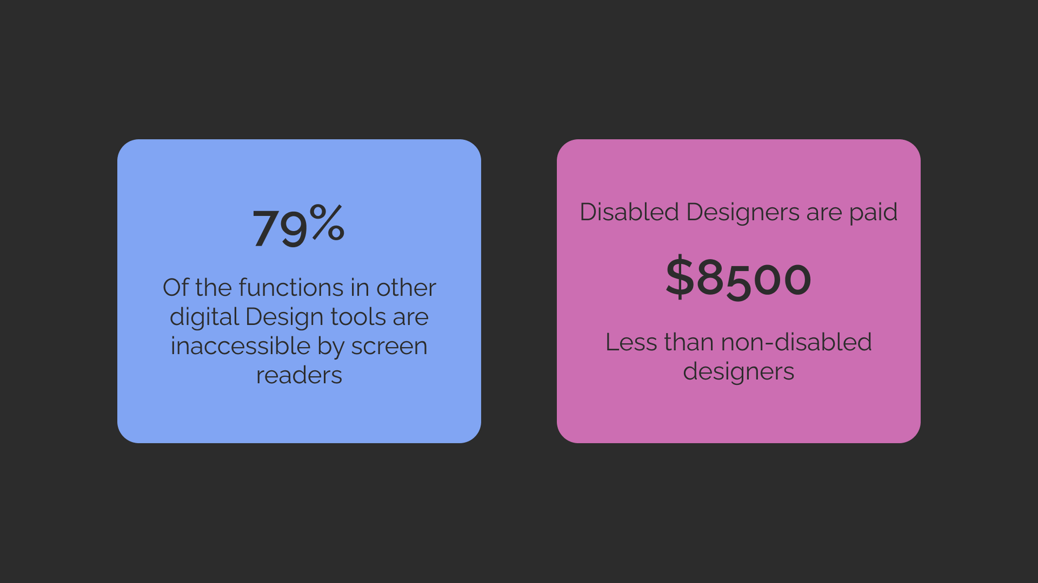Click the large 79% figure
coord(299,226)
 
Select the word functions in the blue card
coord(290,287)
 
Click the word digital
coord(204,318)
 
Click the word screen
coord(389,347)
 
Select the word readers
coord(299,375)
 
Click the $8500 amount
coord(738,278)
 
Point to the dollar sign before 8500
coord(679,277)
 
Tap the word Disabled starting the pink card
coord(629,212)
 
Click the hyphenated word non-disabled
coord(796,343)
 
